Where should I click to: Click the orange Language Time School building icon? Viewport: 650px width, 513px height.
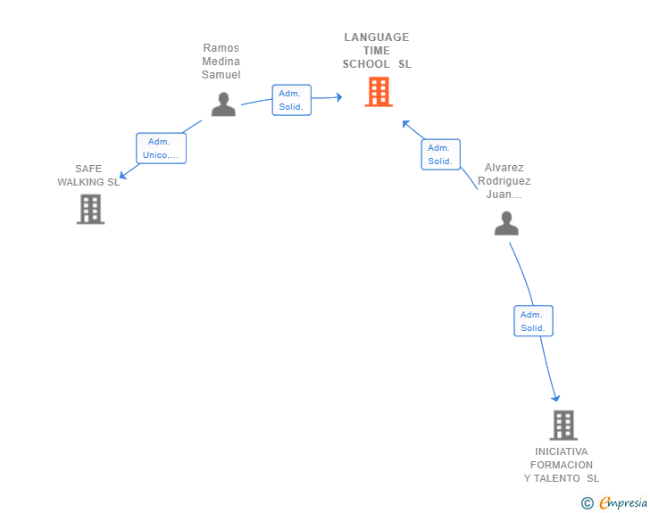coord(379,92)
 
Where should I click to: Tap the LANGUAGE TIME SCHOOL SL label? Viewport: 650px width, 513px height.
coord(377,51)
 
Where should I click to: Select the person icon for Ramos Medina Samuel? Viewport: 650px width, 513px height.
coord(223,104)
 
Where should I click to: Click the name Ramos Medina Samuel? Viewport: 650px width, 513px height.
coord(221,62)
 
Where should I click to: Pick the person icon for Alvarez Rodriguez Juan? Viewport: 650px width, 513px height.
coord(506,223)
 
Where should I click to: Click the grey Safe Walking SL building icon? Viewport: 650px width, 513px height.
coord(90,209)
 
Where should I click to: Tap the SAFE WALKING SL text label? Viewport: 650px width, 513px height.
coord(88,176)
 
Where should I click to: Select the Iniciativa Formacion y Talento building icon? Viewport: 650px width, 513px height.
coord(563,425)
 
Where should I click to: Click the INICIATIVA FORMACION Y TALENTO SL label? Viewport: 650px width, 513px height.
coord(562,465)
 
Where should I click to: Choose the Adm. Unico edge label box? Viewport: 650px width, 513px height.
coord(162,148)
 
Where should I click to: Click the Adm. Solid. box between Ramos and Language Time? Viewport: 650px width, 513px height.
coord(291,100)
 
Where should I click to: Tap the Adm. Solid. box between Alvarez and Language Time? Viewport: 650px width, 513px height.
coord(440,154)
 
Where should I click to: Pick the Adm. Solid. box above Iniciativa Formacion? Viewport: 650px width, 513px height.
coord(533,321)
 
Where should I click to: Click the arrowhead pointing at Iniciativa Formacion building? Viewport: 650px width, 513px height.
coord(555,397)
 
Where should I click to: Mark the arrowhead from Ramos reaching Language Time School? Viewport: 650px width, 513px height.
coord(338,97)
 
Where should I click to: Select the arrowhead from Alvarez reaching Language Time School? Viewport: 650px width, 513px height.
coord(405,123)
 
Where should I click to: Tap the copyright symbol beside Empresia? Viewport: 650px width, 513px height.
coord(587,503)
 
